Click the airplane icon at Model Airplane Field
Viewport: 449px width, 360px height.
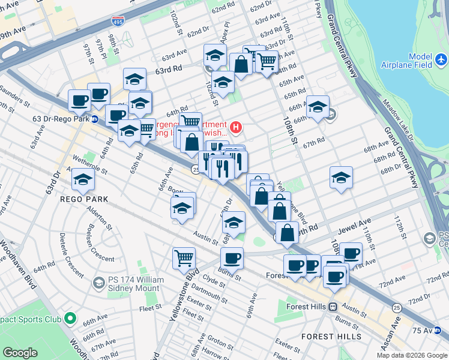click(441, 60)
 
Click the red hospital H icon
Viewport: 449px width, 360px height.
click(237, 127)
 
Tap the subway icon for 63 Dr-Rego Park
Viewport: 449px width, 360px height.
click(95, 118)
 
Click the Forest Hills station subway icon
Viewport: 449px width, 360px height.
click(331, 307)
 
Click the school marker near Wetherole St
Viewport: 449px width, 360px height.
click(83, 178)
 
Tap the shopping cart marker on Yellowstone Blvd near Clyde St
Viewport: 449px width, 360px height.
click(184, 258)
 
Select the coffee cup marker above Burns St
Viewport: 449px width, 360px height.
click(231, 258)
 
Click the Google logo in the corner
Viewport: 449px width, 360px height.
click(20, 353)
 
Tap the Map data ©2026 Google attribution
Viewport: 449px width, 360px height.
click(412, 355)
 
